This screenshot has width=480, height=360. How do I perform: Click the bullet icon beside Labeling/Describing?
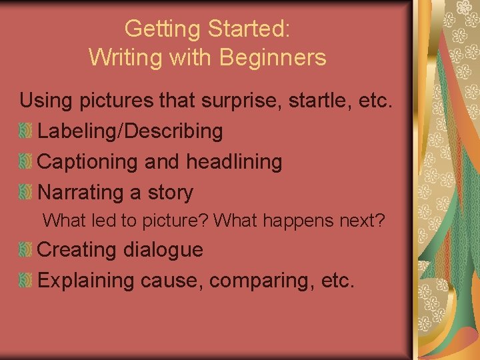(x=25, y=131)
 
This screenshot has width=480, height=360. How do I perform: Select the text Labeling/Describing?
(x=131, y=131)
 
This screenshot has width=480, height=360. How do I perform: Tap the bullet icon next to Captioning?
(x=25, y=162)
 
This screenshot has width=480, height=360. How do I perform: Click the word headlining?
(x=234, y=162)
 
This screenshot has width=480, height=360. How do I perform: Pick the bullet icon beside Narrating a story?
(x=25, y=193)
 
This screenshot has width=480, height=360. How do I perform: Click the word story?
(x=170, y=193)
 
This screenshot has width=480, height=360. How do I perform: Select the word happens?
(x=299, y=220)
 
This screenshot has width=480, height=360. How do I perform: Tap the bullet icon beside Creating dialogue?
(x=25, y=250)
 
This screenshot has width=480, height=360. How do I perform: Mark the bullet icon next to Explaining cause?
(x=25, y=281)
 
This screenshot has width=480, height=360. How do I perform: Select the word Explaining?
(x=87, y=281)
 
